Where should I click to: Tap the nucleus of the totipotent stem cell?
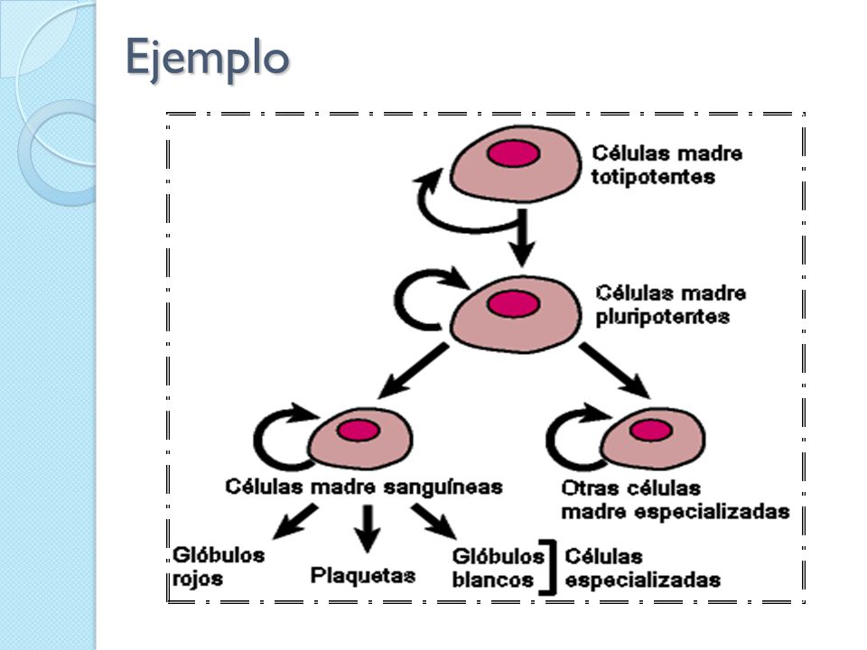click(514, 153)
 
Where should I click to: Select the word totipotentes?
click(653, 178)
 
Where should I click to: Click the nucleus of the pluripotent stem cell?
click(514, 303)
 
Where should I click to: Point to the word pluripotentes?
click(662, 317)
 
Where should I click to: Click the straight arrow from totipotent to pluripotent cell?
click(521, 238)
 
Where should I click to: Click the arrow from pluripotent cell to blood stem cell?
click(413, 370)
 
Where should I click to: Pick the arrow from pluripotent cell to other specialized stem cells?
click(615, 370)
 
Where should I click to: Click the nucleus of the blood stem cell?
click(359, 430)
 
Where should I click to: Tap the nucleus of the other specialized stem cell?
click(651, 430)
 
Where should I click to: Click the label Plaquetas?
click(363, 575)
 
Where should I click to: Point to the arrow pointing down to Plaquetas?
click(367, 529)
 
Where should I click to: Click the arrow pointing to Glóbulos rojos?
click(296, 521)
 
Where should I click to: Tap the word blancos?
click(493, 580)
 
